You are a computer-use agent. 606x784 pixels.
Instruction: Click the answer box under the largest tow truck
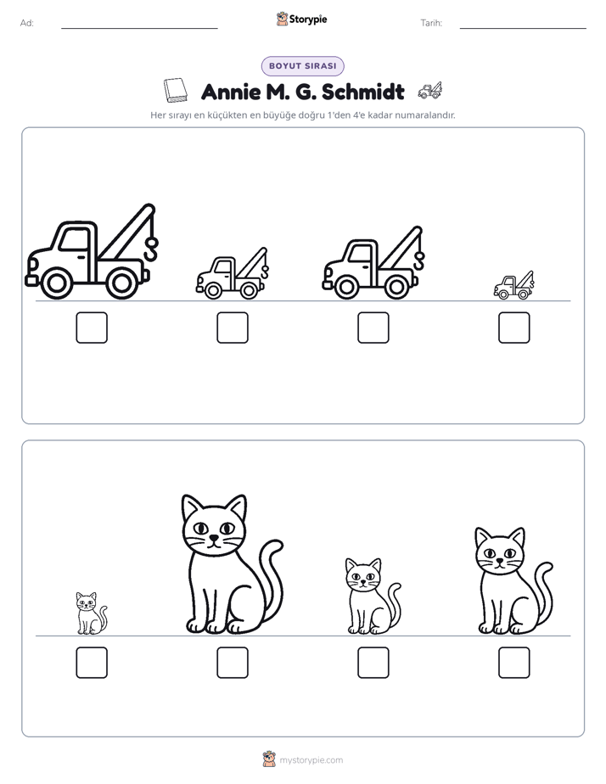tap(92, 328)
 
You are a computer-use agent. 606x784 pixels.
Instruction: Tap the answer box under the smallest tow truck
tap(514, 328)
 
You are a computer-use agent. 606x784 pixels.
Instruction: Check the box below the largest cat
tap(233, 663)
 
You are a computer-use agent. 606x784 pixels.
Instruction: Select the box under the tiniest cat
tap(92, 663)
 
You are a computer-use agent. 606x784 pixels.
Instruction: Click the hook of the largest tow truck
tap(150, 249)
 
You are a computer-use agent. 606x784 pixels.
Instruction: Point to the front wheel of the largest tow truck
tap(56, 283)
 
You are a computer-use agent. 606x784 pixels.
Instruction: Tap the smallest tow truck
tap(514, 285)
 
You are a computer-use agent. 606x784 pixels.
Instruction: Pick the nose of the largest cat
tap(214, 538)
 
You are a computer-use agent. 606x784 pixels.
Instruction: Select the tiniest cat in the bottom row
tap(92, 613)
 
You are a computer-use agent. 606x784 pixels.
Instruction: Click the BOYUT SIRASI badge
tap(302, 66)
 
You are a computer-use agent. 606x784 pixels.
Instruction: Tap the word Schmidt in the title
tap(363, 92)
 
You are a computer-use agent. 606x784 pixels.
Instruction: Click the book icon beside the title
tap(176, 91)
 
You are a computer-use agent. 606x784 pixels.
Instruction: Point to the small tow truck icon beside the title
tap(430, 91)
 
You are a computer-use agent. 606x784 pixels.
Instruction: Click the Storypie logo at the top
tap(302, 20)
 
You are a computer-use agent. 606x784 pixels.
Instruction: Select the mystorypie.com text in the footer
tap(311, 760)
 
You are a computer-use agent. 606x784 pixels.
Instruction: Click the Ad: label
tap(27, 23)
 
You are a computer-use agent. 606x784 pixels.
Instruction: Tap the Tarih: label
tap(431, 23)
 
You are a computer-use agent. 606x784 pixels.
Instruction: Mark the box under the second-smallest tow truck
tap(233, 328)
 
